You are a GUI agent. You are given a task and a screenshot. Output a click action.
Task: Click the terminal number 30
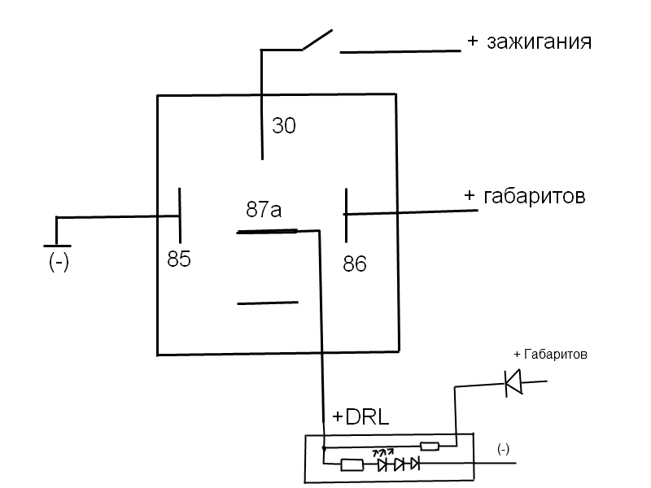tap(284, 126)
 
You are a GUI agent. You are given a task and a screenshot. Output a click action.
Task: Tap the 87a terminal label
tap(264, 210)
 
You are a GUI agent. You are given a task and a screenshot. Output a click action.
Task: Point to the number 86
tap(355, 264)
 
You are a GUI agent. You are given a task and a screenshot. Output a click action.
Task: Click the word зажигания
tap(539, 41)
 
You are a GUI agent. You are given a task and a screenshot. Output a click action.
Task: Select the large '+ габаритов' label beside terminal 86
tap(524, 196)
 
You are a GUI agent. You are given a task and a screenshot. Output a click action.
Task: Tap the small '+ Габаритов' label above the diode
tap(550, 355)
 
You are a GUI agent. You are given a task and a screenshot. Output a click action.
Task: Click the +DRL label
tap(361, 417)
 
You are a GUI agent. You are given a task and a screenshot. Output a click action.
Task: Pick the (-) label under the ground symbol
tap(58, 264)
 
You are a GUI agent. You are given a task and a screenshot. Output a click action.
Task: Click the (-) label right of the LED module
tap(504, 448)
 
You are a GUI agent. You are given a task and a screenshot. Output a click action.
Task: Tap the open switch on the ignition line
tap(317, 41)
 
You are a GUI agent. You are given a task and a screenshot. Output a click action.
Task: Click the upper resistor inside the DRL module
tap(429, 447)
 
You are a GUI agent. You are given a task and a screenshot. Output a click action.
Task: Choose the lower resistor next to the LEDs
tap(352, 465)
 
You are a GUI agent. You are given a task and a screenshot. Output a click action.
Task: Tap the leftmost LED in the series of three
tap(382, 464)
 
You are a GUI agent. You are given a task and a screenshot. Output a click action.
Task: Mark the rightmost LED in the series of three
tap(413, 464)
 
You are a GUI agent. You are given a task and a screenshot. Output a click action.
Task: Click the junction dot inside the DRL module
tap(324, 447)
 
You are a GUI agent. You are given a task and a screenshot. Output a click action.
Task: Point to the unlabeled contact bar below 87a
tap(267, 303)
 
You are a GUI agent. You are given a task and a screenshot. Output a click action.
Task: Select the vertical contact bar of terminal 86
tap(346, 215)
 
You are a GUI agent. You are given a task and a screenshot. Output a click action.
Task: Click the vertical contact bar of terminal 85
tap(179, 214)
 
